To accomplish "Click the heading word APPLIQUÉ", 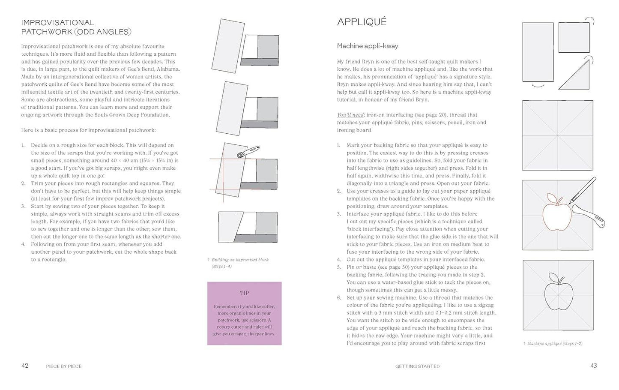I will click(362, 22).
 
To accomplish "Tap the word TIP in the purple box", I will click(244, 293).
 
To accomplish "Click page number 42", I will click(25, 366).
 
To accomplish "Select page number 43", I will click(593, 366).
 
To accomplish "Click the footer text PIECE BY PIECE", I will click(63, 366).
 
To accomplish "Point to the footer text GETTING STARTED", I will click(417, 366).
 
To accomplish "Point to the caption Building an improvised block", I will click(240, 260).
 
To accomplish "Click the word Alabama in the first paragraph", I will click(168, 69).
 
